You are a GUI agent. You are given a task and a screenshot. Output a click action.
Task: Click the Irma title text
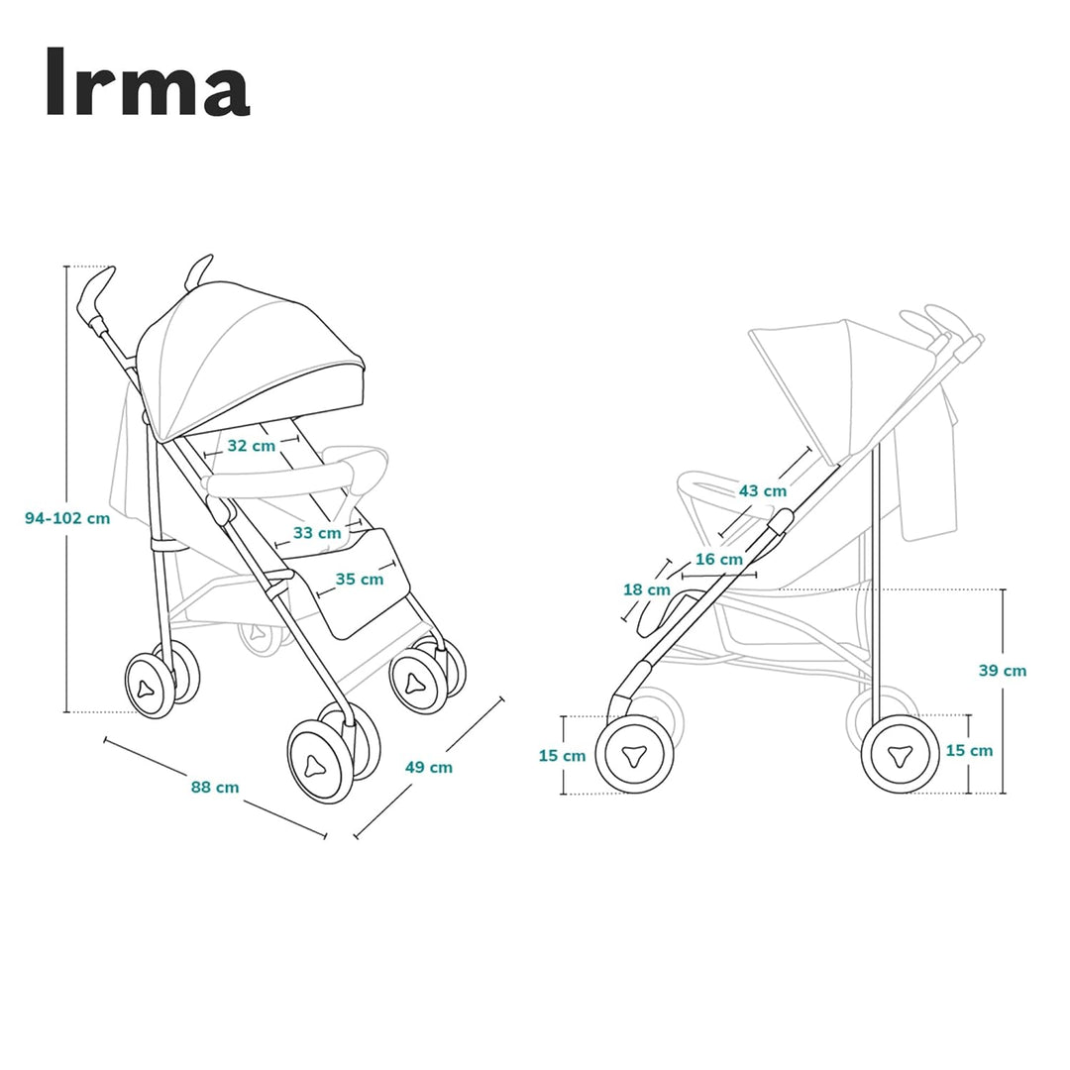tap(147, 82)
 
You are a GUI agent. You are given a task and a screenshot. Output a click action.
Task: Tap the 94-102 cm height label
tap(67, 518)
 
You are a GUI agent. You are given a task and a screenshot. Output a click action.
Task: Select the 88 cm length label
tap(215, 787)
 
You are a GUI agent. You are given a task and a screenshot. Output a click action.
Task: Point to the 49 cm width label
tap(429, 766)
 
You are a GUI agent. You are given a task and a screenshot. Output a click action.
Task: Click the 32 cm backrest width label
tap(252, 446)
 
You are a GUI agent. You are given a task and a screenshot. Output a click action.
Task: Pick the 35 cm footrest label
tap(359, 579)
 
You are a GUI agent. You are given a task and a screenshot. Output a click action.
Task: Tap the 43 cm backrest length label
tap(763, 490)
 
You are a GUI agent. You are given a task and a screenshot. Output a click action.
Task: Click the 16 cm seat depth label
tap(718, 559)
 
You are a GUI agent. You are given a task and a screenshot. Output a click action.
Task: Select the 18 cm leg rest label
tap(646, 589)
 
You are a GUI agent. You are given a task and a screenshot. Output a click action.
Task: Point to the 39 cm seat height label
tap(1003, 671)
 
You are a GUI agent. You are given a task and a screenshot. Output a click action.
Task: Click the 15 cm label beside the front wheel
tap(562, 755)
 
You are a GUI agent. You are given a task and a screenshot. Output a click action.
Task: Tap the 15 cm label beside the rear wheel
tap(969, 750)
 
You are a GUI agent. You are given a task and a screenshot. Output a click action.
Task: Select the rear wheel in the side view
tap(899, 755)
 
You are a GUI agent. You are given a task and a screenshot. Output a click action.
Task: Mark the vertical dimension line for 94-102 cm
tap(66, 614)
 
